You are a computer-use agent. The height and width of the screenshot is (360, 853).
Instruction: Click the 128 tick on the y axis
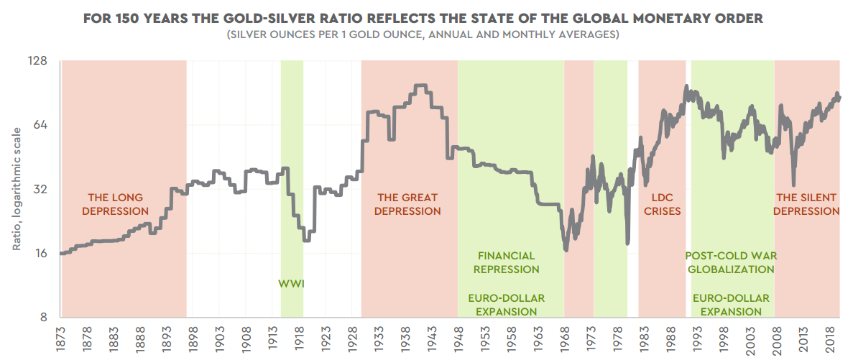[37, 62]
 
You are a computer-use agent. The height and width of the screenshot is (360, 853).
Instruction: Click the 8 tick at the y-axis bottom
[43, 318]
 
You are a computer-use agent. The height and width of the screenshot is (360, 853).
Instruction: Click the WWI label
[291, 284]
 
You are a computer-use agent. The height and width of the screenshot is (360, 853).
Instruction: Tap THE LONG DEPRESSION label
[115, 204]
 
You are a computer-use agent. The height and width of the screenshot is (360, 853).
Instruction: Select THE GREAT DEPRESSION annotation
[407, 204]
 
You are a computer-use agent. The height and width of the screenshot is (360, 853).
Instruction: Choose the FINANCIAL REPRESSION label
[507, 262]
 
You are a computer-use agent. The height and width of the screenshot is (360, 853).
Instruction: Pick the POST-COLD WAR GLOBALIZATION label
[731, 262]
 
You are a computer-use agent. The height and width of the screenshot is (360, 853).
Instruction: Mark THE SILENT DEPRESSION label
[807, 204]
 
